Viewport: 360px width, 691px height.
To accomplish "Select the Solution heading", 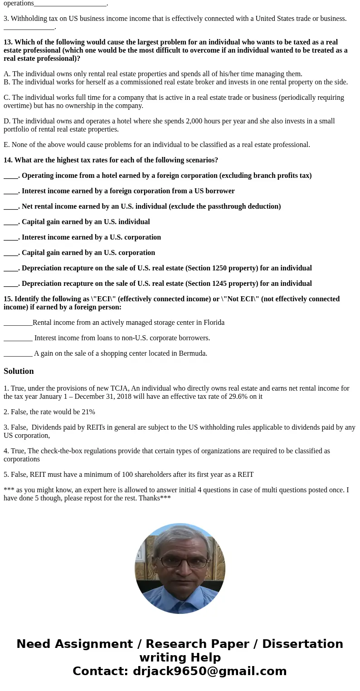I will [19, 371].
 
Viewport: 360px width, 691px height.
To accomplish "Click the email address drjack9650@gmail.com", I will [209, 671].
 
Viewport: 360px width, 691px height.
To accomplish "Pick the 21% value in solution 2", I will [88, 412].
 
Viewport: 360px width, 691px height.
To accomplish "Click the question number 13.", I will [8, 42].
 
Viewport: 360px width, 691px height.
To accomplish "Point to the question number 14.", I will [8, 160].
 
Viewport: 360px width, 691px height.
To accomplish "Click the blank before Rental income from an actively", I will [18, 323].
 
